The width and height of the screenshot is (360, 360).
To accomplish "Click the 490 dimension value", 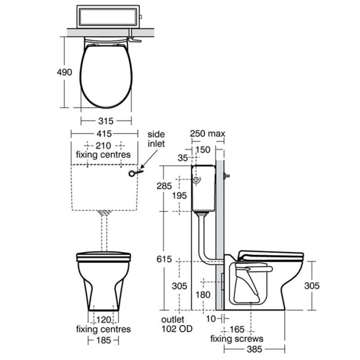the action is [x=64, y=72].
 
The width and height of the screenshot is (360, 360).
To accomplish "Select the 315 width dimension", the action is [x=106, y=121].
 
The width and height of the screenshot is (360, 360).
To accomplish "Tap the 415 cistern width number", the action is [x=104, y=134].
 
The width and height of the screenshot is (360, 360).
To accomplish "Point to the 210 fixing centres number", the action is [x=103, y=145].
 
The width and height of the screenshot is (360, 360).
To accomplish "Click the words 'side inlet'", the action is [x=156, y=139].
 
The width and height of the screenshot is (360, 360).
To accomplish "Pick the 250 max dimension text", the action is [x=207, y=133].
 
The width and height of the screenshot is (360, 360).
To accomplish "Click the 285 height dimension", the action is [x=164, y=186].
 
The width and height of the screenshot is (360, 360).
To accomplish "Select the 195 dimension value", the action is [x=180, y=196].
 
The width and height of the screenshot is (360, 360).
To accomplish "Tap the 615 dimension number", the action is [x=164, y=259].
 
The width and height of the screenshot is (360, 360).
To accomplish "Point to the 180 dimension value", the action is [x=203, y=295].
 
